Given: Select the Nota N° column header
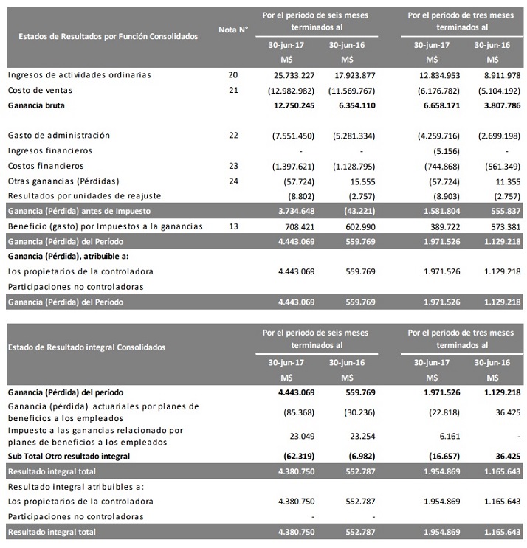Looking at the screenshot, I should [234, 30].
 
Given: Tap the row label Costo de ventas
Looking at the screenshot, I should [35, 90].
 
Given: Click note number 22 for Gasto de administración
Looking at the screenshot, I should [234, 136].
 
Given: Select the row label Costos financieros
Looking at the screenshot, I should [45, 166].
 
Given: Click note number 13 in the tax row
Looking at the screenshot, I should [234, 226].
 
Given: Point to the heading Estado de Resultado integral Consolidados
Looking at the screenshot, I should [86, 347].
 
